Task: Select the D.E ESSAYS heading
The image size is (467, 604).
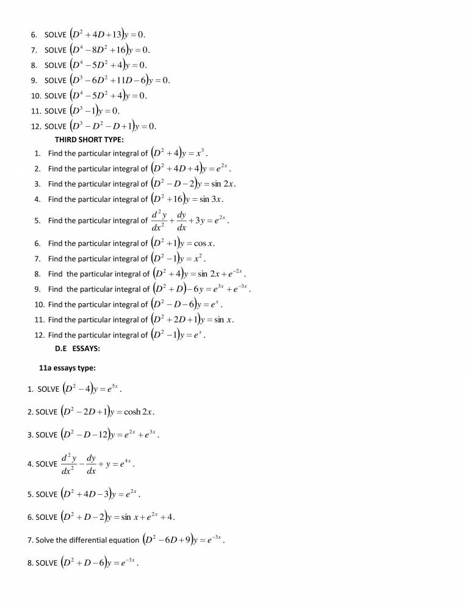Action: tap(78, 348)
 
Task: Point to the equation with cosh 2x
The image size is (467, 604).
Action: tap(107, 411)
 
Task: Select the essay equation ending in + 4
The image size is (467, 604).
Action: tap(118, 517)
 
